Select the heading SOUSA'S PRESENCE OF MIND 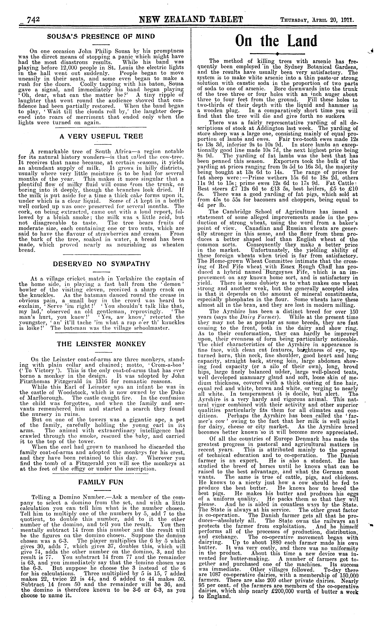(101, 36)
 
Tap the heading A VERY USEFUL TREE (101, 137)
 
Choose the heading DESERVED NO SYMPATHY (101, 264)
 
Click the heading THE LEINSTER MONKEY (101, 344)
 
